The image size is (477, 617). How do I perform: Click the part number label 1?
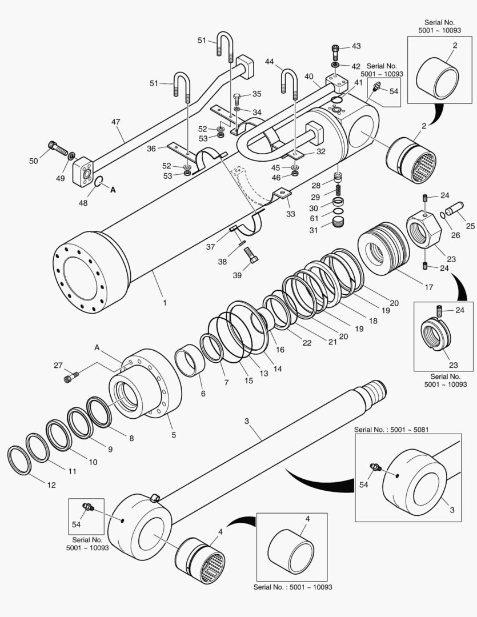(165, 303)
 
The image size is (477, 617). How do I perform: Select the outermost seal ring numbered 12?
(19, 460)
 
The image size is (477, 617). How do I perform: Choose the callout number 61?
(314, 219)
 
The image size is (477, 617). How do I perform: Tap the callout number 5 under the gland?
(174, 435)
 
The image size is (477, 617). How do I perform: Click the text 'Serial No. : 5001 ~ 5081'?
(391, 429)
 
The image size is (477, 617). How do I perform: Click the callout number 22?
(307, 343)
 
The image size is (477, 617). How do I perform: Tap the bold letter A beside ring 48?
(113, 190)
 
